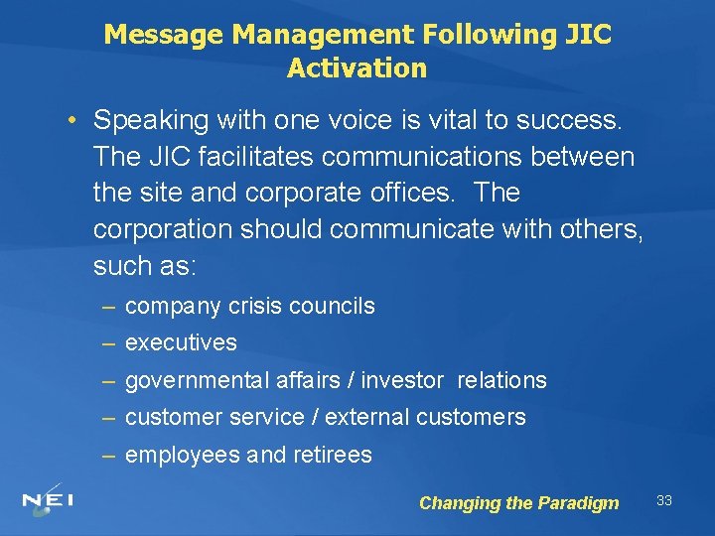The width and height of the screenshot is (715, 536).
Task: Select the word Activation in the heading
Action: (x=357, y=68)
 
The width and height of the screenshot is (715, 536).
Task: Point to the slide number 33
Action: (x=664, y=500)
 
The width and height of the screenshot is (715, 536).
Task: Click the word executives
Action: (x=181, y=343)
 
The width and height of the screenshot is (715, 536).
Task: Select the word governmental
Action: (x=191, y=380)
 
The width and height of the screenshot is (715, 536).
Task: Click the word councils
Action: (x=332, y=307)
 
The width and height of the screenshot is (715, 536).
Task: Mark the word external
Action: (x=367, y=418)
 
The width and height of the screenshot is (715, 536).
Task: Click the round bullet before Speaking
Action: (x=72, y=121)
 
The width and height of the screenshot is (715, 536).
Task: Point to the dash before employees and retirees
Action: (x=108, y=456)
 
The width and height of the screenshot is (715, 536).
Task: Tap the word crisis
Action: (x=256, y=307)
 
